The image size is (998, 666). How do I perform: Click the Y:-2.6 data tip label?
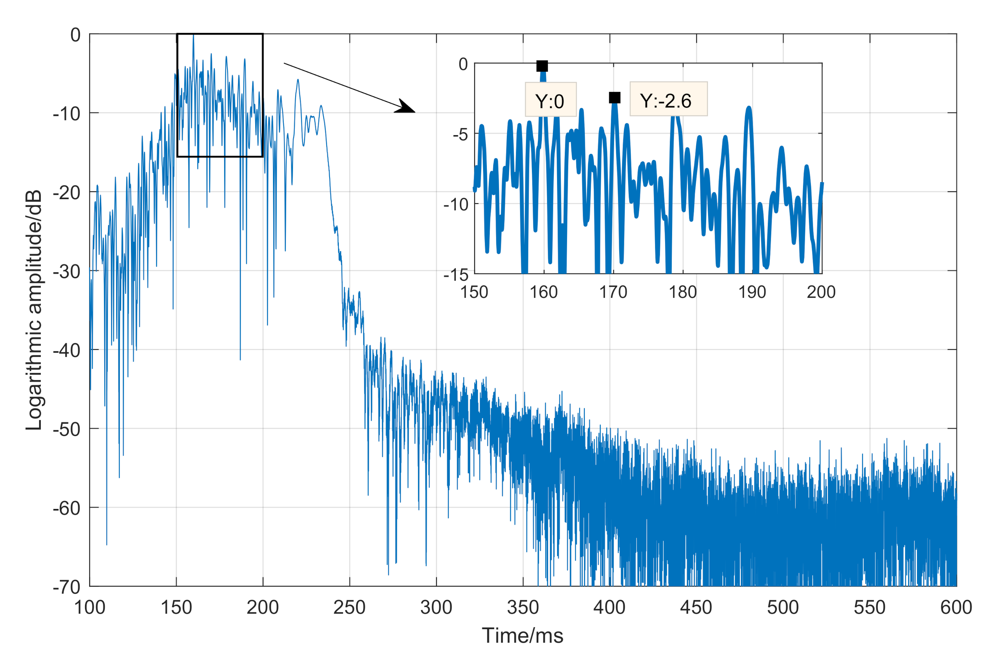point(668,100)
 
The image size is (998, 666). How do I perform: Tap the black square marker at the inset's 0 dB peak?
point(542,66)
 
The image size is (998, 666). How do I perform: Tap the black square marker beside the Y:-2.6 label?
point(614,98)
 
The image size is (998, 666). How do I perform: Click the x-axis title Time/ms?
point(522,636)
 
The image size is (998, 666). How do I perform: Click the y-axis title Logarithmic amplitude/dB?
point(34,310)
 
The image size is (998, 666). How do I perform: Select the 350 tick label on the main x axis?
point(523,607)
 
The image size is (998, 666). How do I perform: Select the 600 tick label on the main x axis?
point(956,607)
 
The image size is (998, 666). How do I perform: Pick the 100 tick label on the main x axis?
point(90,607)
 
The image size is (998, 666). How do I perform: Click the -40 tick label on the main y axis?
point(67,351)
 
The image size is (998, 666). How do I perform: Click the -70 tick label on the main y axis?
point(67,587)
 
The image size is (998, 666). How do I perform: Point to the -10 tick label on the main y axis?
point(67,114)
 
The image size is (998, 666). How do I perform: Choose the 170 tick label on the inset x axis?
point(613,292)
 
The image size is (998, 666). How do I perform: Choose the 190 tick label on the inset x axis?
point(752,292)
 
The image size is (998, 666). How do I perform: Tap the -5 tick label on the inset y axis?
point(460,135)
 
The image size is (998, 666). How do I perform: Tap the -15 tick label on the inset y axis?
point(456,275)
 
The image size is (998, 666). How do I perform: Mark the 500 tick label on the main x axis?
point(783,607)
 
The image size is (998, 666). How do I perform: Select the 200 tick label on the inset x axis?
point(821,292)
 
